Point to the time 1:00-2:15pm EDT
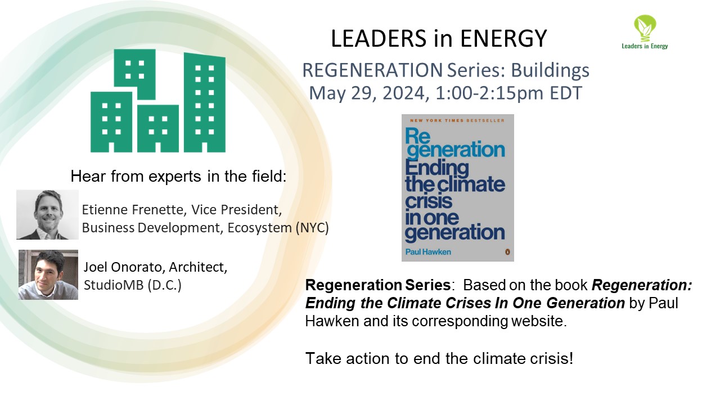tap(506, 92)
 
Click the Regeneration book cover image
tap(457, 187)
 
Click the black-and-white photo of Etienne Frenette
tap(47, 215)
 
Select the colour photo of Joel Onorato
tap(48, 274)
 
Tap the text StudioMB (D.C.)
tap(133, 284)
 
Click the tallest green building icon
tap(204, 101)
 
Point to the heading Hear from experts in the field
tap(178, 177)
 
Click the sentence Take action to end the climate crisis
tap(439, 358)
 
